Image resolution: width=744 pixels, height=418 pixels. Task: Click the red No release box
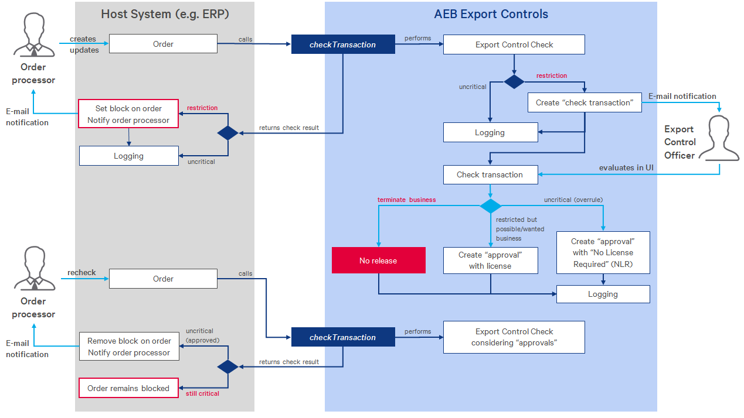click(378, 261)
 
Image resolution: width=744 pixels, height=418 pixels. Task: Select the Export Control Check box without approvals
click(514, 44)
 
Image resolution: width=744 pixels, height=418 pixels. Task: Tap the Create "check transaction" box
click(584, 102)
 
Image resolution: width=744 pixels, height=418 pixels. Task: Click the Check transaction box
click(490, 174)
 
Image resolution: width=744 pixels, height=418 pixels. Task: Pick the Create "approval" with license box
click(490, 261)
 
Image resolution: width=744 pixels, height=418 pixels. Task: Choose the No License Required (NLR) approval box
click(603, 253)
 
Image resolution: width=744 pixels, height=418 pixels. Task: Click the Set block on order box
click(128, 114)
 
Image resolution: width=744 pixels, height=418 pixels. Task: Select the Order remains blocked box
click(128, 388)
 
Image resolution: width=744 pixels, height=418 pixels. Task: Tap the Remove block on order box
click(129, 347)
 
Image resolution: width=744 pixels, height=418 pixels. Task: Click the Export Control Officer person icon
click(721, 137)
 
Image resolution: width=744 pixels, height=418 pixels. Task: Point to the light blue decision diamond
click(491, 206)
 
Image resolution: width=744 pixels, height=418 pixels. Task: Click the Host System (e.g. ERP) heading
click(164, 14)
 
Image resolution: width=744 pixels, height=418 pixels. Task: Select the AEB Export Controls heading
click(491, 14)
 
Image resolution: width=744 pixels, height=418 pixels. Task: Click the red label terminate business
click(406, 200)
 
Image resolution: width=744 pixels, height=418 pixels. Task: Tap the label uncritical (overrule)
click(573, 200)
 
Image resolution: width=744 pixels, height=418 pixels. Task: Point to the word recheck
click(81, 273)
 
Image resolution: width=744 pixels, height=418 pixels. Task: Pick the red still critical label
click(202, 393)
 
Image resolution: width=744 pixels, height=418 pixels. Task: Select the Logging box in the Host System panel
click(128, 156)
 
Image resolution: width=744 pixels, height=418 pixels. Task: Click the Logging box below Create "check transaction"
click(490, 133)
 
